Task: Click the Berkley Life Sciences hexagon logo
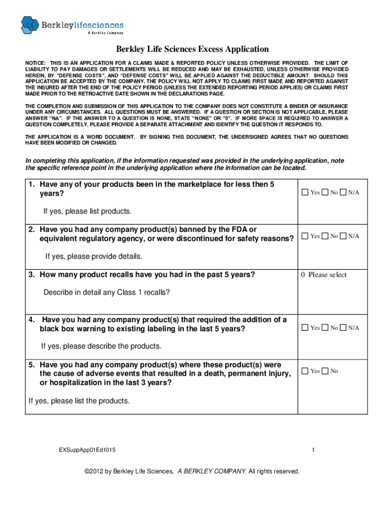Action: [x=30, y=25]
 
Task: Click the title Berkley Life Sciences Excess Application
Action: [x=192, y=49]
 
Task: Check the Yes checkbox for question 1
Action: [x=305, y=193]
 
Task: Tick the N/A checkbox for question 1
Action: [x=343, y=193]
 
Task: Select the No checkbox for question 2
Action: [x=324, y=236]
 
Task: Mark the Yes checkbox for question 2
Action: [x=305, y=236]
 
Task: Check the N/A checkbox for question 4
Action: [x=343, y=328]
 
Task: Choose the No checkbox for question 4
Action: [x=324, y=328]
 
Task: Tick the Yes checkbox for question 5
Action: [x=305, y=371]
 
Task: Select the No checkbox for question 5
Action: [x=324, y=371]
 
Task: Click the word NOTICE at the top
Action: [x=35, y=63]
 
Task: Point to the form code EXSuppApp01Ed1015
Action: [x=88, y=450]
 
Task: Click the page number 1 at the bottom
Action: [x=314, y=450]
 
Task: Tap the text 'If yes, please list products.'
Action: [x=87, y=211]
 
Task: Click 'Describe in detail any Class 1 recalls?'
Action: [x=107, y=292]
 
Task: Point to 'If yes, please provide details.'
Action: [x=94, y=256]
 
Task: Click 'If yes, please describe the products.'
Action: [x=101, y=346]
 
